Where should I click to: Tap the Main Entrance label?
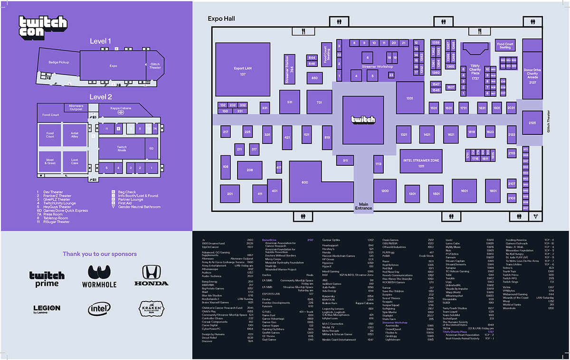(x=364, y=206)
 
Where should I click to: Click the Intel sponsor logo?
(x=99, y=309)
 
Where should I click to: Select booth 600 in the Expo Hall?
(x=304, y=182)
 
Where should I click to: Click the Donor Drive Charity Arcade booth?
(x=532, y=76)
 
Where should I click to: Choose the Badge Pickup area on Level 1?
(x=58, y=62)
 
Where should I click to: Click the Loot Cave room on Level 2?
(x=75, y=161)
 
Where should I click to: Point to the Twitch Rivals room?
(x=122, y=149)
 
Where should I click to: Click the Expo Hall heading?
(x=221, y=19)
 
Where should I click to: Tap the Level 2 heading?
(x=100, y=97)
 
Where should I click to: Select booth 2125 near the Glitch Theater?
(x=532, y=123)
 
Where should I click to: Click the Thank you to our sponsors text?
(x=99, y=254)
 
